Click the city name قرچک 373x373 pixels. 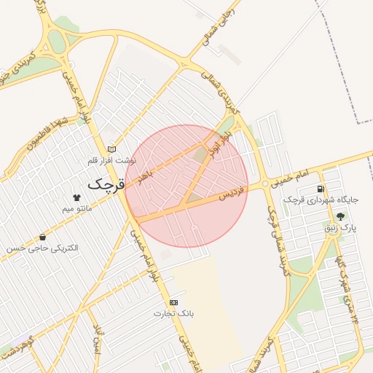coord(106,184)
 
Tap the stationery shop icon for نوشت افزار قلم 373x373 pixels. coord(111,149)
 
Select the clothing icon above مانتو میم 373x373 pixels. coord(76,197)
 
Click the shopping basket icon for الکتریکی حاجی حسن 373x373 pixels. coord(42,237)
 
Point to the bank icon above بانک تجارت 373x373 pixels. coord(173,302)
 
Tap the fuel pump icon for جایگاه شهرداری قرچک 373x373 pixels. coord(321,189)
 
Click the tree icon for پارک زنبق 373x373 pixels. coord(340,216)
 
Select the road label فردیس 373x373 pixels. coord(232,194)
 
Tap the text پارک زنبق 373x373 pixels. coord(340,229)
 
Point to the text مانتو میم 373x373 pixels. coord(77,209)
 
